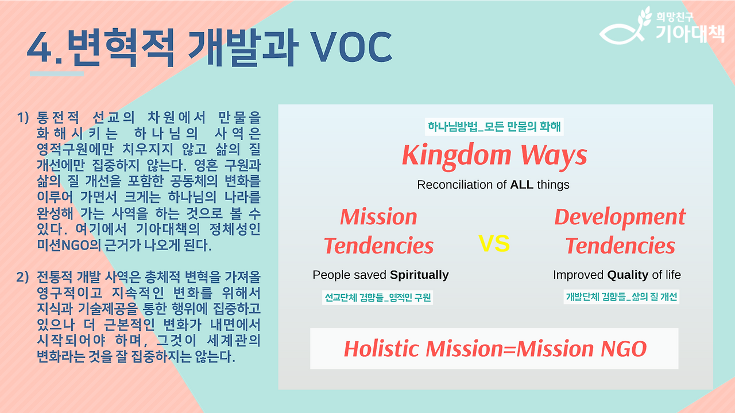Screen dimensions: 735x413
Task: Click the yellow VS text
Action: coord(494,244)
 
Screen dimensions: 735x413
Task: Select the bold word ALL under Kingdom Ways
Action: coord(521,185)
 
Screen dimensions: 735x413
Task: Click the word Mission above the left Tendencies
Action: coord(378,217)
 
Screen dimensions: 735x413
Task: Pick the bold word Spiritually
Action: coord(419,275)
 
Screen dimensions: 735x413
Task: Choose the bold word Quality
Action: coord(628,275)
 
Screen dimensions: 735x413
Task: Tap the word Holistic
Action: coord(382,348)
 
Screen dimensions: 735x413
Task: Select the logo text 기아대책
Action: coord(690,33)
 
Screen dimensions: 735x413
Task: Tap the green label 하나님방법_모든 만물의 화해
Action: coord(494,127)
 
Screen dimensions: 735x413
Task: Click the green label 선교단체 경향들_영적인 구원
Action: coord(377,298)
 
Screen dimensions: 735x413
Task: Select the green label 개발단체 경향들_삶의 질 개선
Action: coord(621,297)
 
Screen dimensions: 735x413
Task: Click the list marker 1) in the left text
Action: coord(23,118)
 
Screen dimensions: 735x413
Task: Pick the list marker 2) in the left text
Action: coord(22,277)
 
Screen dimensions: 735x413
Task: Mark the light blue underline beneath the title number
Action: coord(57,74)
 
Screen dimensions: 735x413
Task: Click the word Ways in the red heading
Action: coord(554,156)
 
